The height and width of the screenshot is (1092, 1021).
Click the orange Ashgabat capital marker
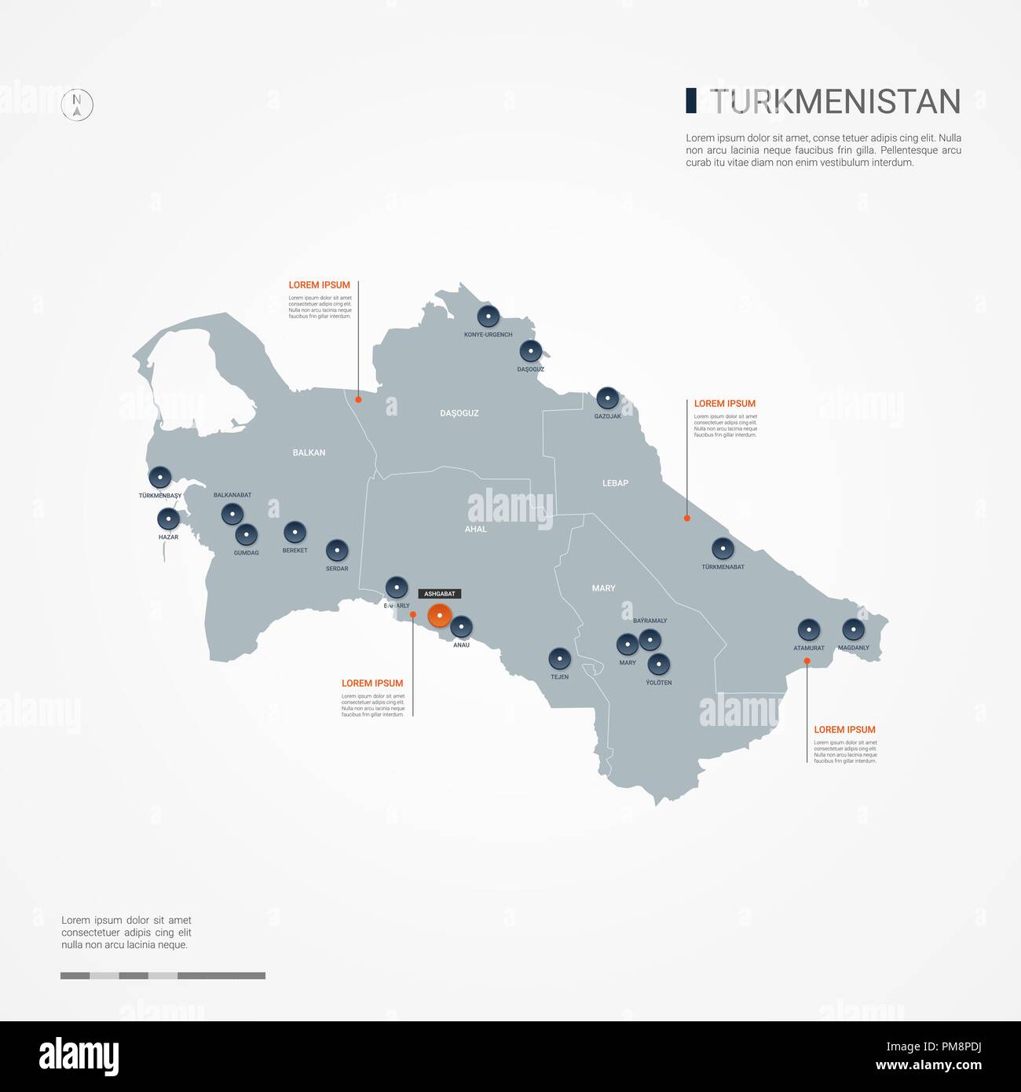[439, 615]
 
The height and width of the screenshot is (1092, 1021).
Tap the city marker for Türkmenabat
[723, 548]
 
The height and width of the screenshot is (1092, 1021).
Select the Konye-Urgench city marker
[489, 317]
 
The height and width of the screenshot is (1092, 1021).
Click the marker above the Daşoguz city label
[531, 351]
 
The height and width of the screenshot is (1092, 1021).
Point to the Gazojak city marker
[607, 398]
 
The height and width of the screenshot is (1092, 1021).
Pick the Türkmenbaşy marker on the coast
[160, 478]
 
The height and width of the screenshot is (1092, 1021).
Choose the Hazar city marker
[168, 519]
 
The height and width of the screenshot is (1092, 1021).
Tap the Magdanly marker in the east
[853, 629]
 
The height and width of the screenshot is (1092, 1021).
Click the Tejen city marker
[559, 658]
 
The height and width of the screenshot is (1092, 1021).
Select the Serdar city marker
[337, 550]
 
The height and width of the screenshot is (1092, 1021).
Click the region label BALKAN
[309, 453]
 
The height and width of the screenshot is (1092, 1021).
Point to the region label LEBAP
[615, 483]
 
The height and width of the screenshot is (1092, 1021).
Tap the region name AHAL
[476, 530]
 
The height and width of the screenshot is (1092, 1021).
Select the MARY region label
[603, 588]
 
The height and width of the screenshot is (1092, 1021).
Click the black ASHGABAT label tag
[439, 594]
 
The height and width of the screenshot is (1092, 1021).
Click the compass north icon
[77, 104]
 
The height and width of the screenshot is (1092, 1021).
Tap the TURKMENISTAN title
[835, 101]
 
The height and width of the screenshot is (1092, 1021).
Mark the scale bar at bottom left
[163, 976]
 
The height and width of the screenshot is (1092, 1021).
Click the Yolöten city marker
[659, 665]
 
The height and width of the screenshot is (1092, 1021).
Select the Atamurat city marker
[808, 630]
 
